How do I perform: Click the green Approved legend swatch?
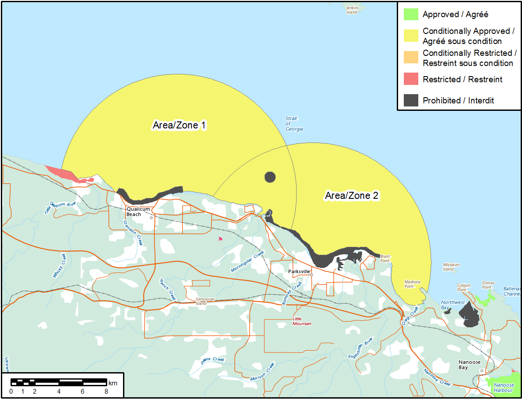coord(411,14)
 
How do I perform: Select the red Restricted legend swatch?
coord(411,79)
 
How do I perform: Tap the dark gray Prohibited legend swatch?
coord(411,100)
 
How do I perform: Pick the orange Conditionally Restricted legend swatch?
coord(411,58)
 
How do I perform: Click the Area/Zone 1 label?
coord(179,125)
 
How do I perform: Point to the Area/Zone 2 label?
coord(352,196)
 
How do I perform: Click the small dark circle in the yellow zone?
coord(270,177)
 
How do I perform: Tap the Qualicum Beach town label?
coord(134,212)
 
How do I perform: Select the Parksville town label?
coord(299,271)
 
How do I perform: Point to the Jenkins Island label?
coord(352,10)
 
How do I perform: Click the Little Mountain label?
coord(302,321)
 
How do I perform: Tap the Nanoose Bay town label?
coord(469,365)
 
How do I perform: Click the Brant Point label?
coord(385,258)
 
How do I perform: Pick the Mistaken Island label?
coord(451,267)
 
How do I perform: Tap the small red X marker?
coord(221,238)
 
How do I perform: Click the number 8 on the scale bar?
coord(106,392)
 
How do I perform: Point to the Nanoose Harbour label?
coord(503,388)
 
